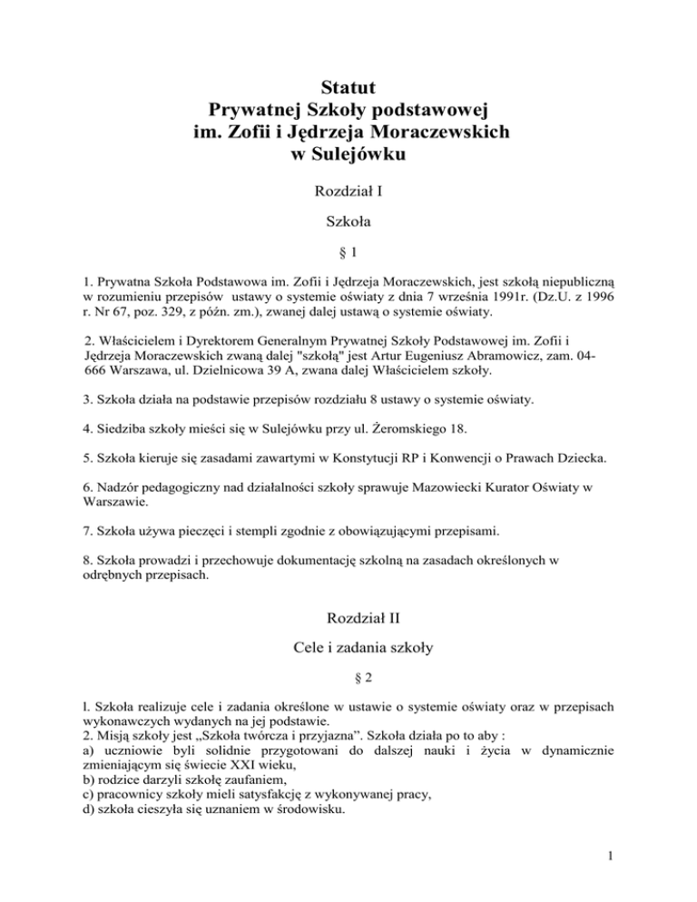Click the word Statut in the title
click(x=348, y=88)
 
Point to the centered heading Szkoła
click(x=348, y=221)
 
